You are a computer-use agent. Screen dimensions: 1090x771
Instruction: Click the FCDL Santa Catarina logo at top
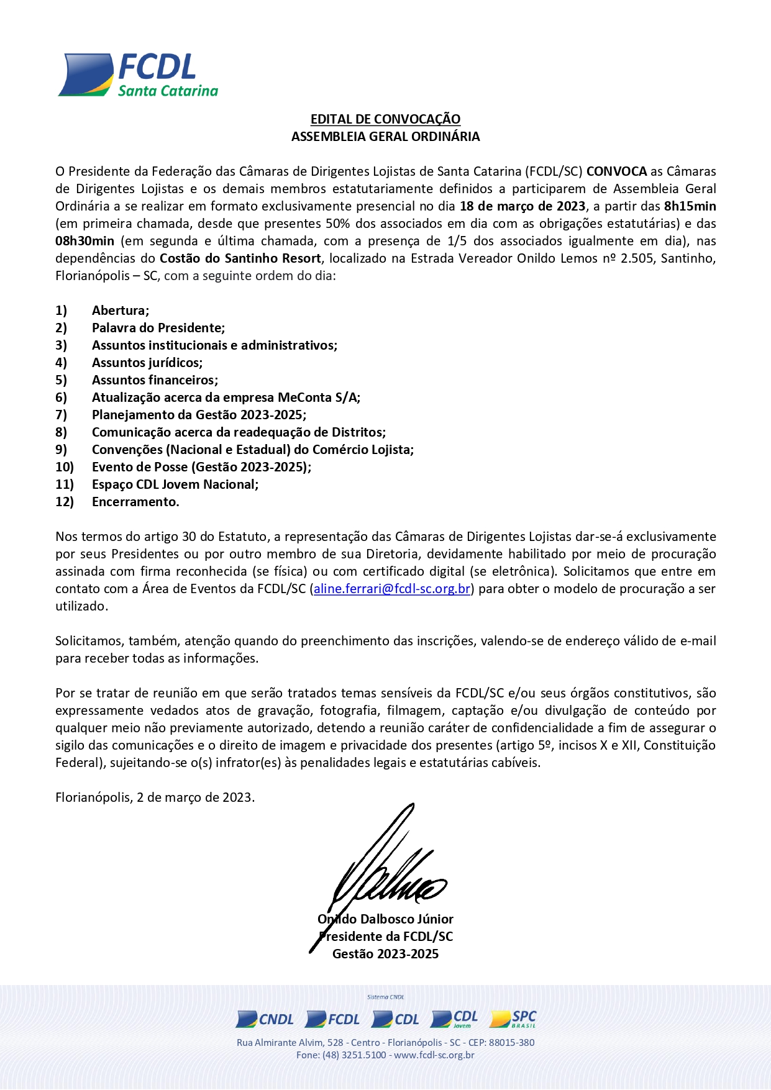point(138,75)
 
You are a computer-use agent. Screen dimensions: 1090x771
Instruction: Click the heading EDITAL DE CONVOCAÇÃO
point(385,119)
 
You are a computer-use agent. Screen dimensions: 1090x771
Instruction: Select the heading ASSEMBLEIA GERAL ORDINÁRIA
point(385,136)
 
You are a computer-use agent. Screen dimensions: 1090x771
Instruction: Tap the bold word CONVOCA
point(616,171)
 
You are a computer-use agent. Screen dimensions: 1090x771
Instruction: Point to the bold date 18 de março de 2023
point(522,206)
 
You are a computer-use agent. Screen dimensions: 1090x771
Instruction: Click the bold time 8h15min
point(690,206)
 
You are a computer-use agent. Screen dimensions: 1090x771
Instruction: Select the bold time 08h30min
point(84,240)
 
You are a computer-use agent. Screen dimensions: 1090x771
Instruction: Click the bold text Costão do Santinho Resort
point(240,258)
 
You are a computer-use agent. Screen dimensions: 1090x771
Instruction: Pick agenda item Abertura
point(121,310)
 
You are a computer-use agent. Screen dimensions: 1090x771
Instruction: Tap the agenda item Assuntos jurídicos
point(147,362)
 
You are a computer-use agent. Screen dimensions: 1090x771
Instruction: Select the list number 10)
point(65,466)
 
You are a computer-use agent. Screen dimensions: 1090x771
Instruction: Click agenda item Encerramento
point(135,501)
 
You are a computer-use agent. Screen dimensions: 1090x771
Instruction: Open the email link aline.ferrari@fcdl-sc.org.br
point(392,588)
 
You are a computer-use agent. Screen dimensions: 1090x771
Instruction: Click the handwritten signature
point(385,870)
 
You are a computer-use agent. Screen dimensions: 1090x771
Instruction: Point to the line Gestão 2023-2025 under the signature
point(385,953)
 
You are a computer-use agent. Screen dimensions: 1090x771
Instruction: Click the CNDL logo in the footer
point(265,1019)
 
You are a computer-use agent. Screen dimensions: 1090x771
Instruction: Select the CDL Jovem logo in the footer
point(454,1019)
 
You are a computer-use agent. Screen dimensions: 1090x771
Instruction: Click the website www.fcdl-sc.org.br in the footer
point(434,1055)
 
